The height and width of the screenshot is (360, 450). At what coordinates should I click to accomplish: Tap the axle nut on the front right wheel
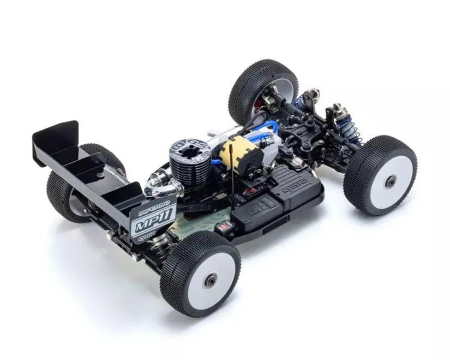click(390, 181)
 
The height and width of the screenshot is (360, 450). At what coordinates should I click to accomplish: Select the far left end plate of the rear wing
click(56, 141)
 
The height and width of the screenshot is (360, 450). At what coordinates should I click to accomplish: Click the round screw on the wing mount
click(100, 175)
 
